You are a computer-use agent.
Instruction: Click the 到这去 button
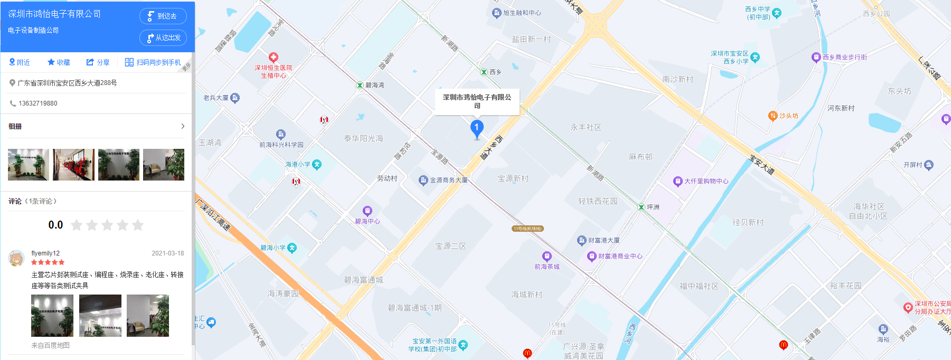click(163, 16)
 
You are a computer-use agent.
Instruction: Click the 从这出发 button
click(163, 38)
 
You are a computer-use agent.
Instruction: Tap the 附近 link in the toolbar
click(20, 62)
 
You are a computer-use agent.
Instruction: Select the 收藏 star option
click(59, 62)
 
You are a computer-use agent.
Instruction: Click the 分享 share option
click(98, 62)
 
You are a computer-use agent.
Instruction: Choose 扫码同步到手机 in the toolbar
click(153, 62)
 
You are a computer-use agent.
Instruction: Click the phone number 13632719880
click(38, 103)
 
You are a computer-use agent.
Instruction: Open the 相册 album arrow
click(183, 126)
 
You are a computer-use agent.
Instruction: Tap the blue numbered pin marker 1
click(477, 128)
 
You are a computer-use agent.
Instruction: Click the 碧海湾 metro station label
click(374, 85)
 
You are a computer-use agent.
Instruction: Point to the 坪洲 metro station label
click(653, 207)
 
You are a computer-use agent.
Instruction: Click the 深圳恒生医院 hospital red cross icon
click(274, 57)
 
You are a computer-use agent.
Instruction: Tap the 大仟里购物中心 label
click(706, 181)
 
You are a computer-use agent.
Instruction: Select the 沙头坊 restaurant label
click(788, 116)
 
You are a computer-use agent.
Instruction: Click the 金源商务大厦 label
click(448, 180)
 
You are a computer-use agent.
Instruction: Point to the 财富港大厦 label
click(604, 240)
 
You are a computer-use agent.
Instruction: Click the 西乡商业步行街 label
click(844, 57)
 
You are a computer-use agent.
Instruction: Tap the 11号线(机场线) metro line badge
click(528, 229)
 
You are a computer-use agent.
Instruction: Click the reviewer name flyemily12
click(45, 253)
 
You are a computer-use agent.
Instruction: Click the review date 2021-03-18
click(168, 253)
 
